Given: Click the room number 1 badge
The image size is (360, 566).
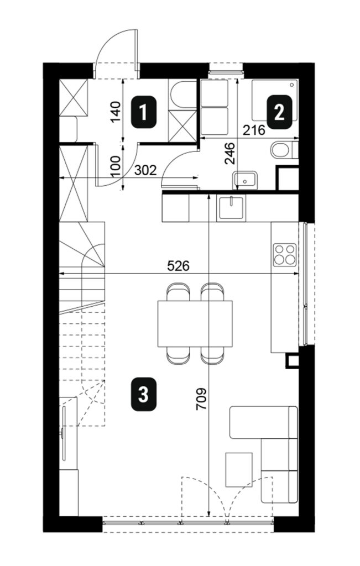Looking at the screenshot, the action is click(144, 112).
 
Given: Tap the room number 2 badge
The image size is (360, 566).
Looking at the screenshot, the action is click(279, 112).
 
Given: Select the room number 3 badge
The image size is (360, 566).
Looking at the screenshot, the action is click(144, 395).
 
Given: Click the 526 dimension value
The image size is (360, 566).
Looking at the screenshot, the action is click(178, 266).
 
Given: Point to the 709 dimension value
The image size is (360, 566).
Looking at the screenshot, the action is click(201, 399).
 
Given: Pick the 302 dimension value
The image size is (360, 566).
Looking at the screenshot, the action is click(145, 170).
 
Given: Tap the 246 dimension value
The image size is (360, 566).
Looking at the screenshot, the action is click(229, 154).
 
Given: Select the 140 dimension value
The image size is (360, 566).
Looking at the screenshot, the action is click(116, 112).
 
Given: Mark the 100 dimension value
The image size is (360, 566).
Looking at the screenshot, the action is click(116, 166).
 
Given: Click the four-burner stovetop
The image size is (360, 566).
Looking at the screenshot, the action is click(285, 255).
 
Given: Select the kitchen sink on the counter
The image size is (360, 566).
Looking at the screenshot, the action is click(231, 208).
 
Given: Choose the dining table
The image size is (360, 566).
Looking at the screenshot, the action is click(195, 323).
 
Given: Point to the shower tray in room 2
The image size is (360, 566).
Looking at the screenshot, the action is click(275, 101).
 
